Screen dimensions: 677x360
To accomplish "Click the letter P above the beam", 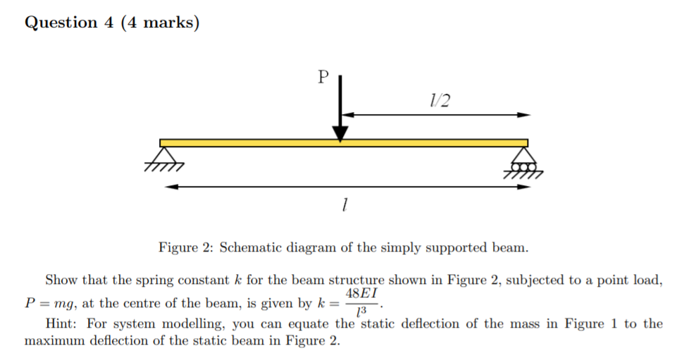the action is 323,77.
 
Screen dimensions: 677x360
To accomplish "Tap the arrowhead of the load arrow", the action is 340,134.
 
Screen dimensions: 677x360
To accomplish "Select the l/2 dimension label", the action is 440,101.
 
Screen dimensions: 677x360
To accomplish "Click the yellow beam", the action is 344,143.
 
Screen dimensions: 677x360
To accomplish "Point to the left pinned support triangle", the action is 164,155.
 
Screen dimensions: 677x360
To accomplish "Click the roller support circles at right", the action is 523,167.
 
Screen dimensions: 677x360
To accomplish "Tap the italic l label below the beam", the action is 344,204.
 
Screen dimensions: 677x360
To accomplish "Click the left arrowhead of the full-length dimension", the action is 171,187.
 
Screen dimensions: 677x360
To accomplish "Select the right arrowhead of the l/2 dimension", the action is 523,115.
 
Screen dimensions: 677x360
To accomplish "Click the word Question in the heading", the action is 61,23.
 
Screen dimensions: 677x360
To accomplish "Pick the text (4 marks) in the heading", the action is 160,23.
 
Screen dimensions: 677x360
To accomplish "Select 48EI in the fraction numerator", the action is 361,294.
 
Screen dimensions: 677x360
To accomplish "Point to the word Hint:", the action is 61,323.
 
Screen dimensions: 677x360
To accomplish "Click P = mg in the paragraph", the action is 51,304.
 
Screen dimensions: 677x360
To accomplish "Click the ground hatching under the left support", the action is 165,167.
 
